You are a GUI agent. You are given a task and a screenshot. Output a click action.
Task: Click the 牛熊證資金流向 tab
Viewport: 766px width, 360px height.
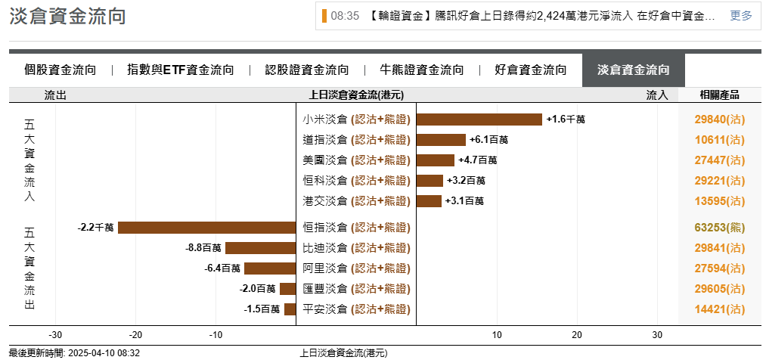[x=422, y=70]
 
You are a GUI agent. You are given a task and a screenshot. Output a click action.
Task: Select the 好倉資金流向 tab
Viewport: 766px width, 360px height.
[x=531, y=70]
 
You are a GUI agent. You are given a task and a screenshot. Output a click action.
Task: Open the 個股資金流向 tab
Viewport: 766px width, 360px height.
[x=60, y=70]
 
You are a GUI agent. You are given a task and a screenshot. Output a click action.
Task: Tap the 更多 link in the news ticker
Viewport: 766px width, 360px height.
[x=741, y=16]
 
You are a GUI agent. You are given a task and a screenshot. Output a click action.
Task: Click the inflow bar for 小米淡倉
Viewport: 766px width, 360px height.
[x=479, y=119]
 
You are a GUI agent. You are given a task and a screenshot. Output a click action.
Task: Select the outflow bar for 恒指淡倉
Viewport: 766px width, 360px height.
[x=206, y=228]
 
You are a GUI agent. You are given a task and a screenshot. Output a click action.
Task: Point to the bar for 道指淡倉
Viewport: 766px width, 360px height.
[x=441, y=140]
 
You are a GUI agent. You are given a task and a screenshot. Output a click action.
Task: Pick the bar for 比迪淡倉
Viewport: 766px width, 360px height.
[x=260, y=248]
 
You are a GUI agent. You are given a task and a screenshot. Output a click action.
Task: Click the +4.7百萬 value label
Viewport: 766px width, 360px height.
[x=478, y=160]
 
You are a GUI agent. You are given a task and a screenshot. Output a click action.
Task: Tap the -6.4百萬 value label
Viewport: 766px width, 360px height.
[x=222, y=268]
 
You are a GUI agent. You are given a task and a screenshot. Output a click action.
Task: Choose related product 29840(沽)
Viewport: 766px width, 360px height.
[x=719, y=119]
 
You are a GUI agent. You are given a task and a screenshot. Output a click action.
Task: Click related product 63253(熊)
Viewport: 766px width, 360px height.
[x=719, y=228]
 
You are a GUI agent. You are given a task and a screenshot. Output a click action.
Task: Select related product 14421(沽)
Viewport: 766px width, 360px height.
[x=719, y=309]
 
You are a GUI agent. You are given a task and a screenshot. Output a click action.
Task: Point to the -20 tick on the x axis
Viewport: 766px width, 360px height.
[x=135, y=335]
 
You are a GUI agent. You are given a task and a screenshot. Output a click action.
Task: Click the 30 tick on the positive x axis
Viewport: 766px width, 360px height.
[x=657, y=335]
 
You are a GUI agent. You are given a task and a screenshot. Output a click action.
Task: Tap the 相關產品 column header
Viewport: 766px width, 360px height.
[x=719, y=95]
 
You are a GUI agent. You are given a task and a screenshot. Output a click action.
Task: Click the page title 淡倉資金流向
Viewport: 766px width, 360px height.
[x=67, y=17]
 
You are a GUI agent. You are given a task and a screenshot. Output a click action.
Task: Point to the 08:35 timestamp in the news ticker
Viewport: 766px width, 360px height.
[x=345, y=16]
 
